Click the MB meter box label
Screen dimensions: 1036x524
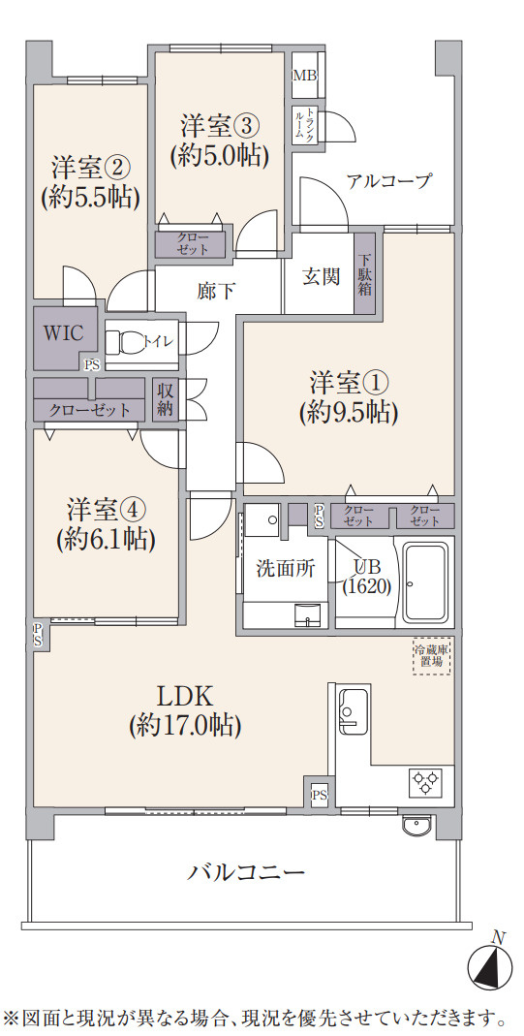tap(304, 76)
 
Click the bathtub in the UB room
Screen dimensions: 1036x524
tap(423, 581)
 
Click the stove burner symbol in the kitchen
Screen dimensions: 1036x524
tap(426, 778)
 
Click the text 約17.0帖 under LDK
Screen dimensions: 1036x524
tap(184, 724)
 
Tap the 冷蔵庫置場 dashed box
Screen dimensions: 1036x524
tap(431, 655)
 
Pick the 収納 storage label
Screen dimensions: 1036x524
tap(165, 399)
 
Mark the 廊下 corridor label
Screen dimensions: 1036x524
tap(215, 289)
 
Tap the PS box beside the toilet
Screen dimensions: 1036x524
tap(92, 364)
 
